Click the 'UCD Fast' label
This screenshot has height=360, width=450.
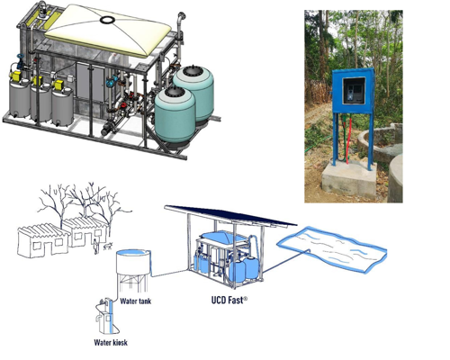(229, 300)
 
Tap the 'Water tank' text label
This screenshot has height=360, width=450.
(136, 301)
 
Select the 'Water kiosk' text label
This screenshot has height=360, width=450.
(111, 342)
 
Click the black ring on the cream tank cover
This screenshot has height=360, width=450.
(107, 20)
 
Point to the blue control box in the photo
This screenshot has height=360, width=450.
(354, 91)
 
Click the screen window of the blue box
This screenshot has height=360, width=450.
(355, 90)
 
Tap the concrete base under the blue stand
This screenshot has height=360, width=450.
(349, 179)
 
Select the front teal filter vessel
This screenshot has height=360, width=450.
(175, 116)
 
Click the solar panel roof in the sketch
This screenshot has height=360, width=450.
(230, 215)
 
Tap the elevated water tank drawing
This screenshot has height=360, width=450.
(133, 269)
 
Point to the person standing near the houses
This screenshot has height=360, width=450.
(95, 247)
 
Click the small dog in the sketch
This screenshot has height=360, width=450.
(108, 246)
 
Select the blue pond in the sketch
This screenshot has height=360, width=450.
(332, 248)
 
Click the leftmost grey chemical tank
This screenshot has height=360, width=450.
(20, 98)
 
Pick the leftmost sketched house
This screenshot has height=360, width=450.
(43, 240)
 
